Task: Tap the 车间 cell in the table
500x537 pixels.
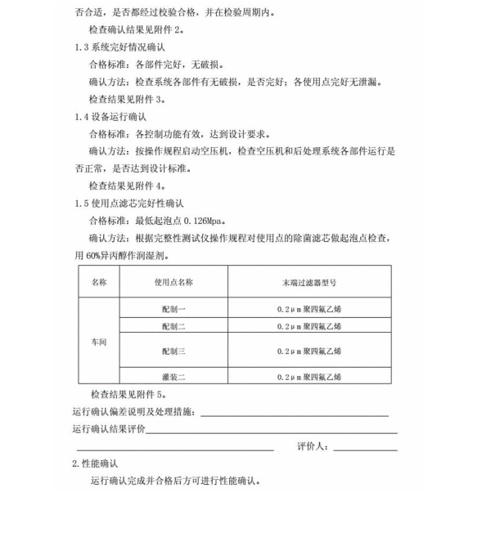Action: (98, 342)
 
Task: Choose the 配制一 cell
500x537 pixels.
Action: (173, 311)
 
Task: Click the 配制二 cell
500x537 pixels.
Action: (173, 326)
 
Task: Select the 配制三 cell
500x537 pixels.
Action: (173, 351)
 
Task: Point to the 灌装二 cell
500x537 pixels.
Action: (173, 377)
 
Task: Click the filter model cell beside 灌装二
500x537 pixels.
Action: (309, 377)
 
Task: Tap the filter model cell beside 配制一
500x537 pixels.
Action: (309, 311)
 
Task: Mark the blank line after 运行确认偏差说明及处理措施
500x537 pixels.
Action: (294, 414)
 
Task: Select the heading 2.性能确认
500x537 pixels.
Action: (96, 463)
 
